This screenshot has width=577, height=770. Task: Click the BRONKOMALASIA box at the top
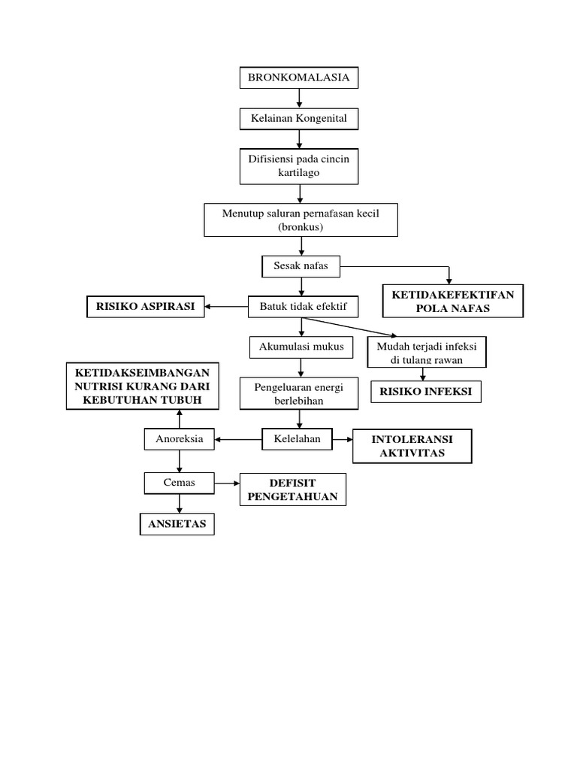[299, 77]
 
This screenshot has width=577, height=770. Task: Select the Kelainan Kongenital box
[299, 119]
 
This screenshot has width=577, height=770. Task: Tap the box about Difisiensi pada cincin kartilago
[299, 166]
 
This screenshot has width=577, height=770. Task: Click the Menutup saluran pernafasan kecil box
[301, 220]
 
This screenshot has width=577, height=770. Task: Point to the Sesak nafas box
[301, 265]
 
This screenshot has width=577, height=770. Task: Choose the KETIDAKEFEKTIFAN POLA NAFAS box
[453, 301]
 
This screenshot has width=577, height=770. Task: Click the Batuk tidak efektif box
[304, 306]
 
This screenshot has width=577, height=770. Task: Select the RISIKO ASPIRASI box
[145, 306]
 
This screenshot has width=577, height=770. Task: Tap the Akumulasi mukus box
[301, 347]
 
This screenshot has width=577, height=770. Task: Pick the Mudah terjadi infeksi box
[426, 352]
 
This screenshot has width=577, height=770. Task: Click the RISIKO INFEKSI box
[426, 392]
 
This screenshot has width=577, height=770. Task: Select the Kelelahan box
[296, 439]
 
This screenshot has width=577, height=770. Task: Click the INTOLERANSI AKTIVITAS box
[412, 446]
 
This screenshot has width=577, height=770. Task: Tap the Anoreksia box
[179, 439]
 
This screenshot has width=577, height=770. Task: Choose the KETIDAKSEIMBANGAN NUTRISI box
[143, 387]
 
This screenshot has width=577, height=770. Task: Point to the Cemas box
[179, 483]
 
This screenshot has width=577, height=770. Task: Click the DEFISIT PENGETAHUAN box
[292, 490]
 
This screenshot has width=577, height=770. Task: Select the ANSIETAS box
[177, 524]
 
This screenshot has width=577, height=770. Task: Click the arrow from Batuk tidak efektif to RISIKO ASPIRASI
[226, 306]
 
